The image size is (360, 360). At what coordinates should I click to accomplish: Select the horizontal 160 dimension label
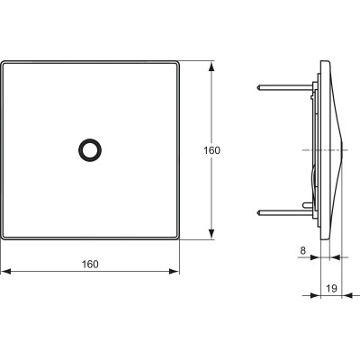coord(90,263)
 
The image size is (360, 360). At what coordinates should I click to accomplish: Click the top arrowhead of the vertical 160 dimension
coord(212,66)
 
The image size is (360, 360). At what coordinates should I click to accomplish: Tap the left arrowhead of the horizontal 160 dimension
coord(4,271)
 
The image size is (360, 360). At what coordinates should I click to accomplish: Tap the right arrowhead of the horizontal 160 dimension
coord(176,271)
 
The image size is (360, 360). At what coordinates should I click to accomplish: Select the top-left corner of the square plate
coord(3,62)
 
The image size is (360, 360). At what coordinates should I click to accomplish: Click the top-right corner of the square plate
coord(179,62)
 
